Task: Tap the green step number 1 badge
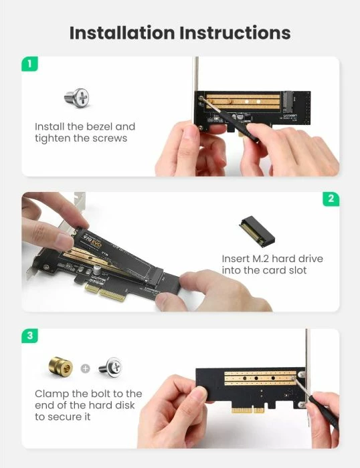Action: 29,64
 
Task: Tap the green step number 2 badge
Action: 331,199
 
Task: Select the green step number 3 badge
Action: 29,336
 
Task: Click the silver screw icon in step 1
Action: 77,98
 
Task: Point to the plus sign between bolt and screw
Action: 85,368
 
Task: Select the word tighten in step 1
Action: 52,138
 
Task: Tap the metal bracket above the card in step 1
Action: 195,74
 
